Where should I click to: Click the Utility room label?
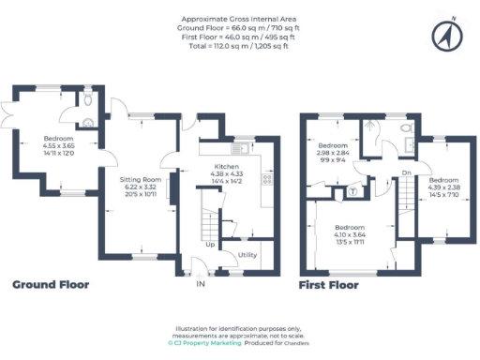click(247, 254)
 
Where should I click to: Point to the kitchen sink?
click(240, 147)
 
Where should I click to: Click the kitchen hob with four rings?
click(267, 179)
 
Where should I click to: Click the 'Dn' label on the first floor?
click(406, 173)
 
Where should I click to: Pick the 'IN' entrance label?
click(199, 283)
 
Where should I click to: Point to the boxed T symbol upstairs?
click(352, 191)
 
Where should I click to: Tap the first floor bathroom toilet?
click(406, 128)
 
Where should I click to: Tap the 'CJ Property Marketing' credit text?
click(204, 343)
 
